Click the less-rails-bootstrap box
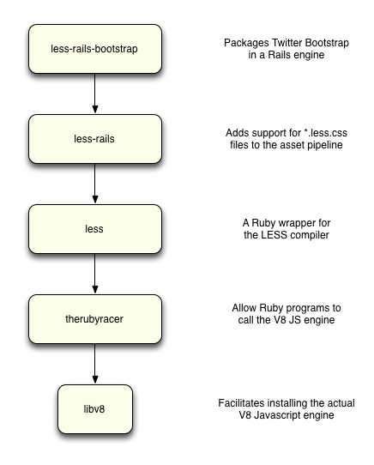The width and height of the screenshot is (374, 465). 95,49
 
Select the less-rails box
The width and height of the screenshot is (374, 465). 95,139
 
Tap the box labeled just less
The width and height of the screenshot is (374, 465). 95,229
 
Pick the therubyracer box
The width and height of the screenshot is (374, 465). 95,319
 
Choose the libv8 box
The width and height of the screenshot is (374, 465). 95,409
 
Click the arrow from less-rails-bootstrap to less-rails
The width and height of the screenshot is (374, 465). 95,94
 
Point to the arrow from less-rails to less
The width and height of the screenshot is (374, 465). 95,184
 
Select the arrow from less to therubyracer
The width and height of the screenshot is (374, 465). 95,274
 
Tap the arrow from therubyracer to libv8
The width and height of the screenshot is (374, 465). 95,364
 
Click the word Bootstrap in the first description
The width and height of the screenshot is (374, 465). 327,43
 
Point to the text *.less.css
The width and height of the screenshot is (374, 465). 325,133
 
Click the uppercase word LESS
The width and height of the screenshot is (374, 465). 274,235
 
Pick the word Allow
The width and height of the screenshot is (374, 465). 244,308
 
